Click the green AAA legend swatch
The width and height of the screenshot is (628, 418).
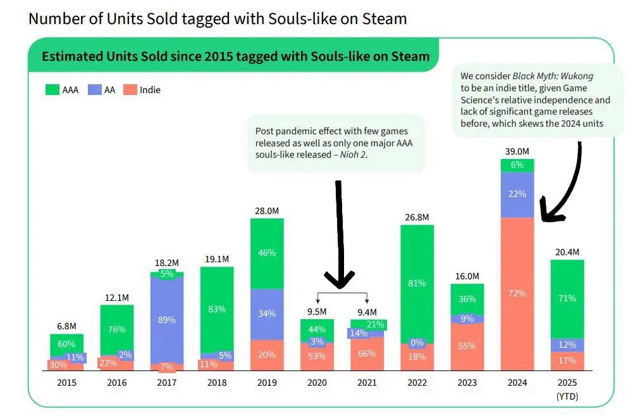(x=52, y=90)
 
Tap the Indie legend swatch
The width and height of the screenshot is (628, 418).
(x=130, y=90)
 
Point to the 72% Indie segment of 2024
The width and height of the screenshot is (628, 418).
(x=517, y=294)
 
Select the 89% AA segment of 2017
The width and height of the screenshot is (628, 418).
(x=167, y=320)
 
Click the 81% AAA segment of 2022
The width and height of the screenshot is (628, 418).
(x=417, y=283)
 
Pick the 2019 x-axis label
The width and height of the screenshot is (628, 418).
(x=267, y=383)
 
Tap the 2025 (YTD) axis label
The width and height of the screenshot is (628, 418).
(x=567, y=389)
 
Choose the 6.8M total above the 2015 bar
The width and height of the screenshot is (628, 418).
(x=66, y=326)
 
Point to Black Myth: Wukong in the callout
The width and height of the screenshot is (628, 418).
(x=553, y=76)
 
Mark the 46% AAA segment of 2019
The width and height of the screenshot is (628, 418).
(x=267, y=253)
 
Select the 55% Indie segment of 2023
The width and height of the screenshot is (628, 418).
(x=467, y=346)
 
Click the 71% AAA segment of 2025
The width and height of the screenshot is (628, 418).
(x=567, y=298)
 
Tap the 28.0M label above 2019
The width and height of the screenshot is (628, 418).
(x=267, y=210)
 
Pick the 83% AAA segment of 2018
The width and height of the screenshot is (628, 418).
(x=216, y=309)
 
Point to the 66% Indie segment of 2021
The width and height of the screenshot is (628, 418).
(x=367, y=354)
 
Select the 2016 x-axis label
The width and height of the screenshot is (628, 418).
(x=116, y=383)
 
